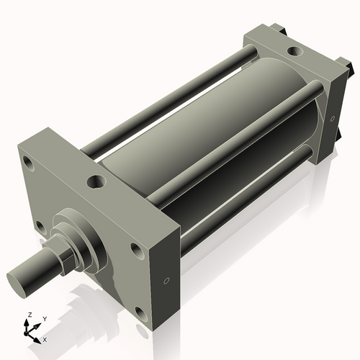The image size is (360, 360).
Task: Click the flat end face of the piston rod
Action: point(21,277)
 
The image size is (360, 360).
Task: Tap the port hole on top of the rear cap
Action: point(295,52)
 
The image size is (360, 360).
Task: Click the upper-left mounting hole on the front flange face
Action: point(28,163)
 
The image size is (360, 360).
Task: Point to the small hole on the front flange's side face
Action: point(167,281)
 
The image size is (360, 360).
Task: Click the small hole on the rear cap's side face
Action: point(332,119)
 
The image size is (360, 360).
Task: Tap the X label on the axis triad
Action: point(45,338)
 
